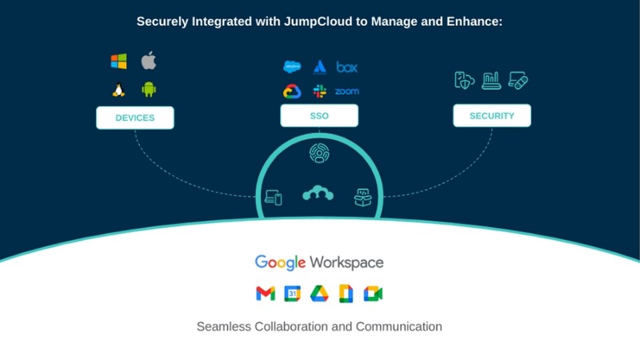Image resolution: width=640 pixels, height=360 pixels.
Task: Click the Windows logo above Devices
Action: point(119,62)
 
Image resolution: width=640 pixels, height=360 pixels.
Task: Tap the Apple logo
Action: point(148,62)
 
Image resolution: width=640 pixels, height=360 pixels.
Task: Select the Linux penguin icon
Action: point(119,89)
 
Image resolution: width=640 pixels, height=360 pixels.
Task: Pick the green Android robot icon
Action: point(148,89)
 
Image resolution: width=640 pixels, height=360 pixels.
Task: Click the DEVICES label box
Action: point(135,118)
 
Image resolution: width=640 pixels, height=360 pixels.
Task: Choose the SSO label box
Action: point(319,116)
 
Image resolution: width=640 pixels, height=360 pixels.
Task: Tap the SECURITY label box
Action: point(492,116)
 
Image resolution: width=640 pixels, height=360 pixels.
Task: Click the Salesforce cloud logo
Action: point(292,67)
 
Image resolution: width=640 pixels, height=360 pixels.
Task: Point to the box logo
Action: point(347,67)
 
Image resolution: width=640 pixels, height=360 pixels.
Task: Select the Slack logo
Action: point(320,91)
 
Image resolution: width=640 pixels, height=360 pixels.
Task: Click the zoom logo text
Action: point(347,91)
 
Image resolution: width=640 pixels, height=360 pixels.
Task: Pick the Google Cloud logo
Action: point(292,91)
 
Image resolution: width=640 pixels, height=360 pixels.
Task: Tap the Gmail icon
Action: point(265,293)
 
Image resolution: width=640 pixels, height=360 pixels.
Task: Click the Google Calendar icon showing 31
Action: point(293,293)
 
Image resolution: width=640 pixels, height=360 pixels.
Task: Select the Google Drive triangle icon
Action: point(319,293)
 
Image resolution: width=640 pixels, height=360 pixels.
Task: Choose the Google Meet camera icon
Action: point(373,293)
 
